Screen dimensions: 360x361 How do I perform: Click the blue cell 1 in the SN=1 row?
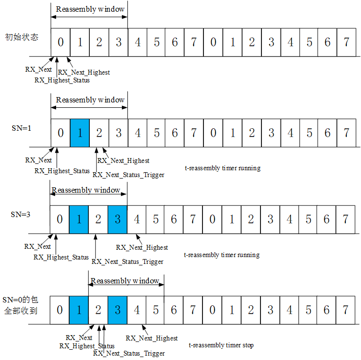(80, 133)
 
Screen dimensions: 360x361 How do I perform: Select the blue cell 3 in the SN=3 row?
(117, 219)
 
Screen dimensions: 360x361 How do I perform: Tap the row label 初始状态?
(21, 37)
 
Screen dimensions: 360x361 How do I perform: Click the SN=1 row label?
(21, 128)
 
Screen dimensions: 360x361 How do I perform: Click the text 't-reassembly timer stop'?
(221, 345)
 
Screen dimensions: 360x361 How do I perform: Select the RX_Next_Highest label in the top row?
(87, 72)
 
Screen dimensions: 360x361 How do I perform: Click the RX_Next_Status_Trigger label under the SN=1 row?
(128, 175)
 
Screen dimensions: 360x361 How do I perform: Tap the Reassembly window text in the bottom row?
(125, 281)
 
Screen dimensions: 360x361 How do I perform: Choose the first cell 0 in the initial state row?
(60, 42)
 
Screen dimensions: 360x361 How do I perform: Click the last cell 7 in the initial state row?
(346, 42)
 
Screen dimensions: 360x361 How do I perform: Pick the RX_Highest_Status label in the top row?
(62, 80)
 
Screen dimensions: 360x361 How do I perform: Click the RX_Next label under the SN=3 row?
(38, 246)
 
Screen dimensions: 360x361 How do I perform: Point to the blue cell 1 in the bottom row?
(79, 310)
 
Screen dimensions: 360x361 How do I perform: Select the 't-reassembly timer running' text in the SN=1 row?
(222, 168)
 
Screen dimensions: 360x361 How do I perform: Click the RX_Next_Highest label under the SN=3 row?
(141, 248)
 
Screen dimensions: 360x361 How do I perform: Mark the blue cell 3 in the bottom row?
(117, 310)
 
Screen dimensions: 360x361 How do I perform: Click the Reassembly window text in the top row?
(90, 9)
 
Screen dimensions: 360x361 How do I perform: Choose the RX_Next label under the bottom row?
(79, 338)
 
